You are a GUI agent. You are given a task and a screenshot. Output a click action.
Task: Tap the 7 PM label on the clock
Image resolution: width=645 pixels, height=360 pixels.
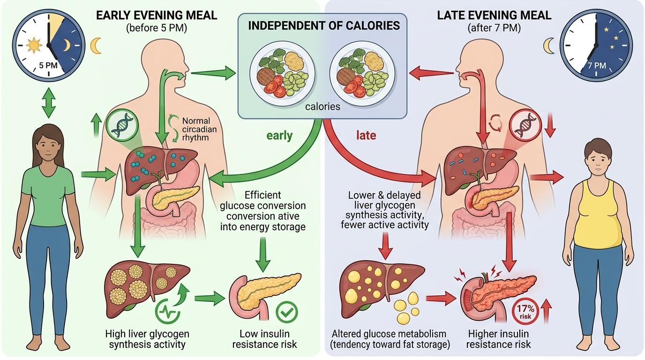click(x=596, y=66)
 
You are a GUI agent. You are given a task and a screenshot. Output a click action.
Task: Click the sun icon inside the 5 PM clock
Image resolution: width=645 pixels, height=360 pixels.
click(x=34, y=45)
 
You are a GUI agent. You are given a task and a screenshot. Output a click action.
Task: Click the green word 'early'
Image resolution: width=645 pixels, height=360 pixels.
click(x=279, y=136)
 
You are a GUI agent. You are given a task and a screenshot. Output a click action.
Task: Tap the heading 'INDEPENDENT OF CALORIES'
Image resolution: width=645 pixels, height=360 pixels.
click(x=324, y=25)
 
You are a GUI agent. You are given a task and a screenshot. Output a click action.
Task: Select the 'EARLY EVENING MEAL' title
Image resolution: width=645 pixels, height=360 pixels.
click(x=157, y=15)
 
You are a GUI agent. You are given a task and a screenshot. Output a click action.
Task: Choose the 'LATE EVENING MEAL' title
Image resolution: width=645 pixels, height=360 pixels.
click(x=494, y=15)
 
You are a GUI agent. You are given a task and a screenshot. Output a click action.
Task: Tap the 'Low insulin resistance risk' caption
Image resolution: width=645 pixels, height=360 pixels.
click(x=264, y=339)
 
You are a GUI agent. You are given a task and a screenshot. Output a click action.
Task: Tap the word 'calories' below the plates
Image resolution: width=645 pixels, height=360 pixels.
click(x=322, y=107)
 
